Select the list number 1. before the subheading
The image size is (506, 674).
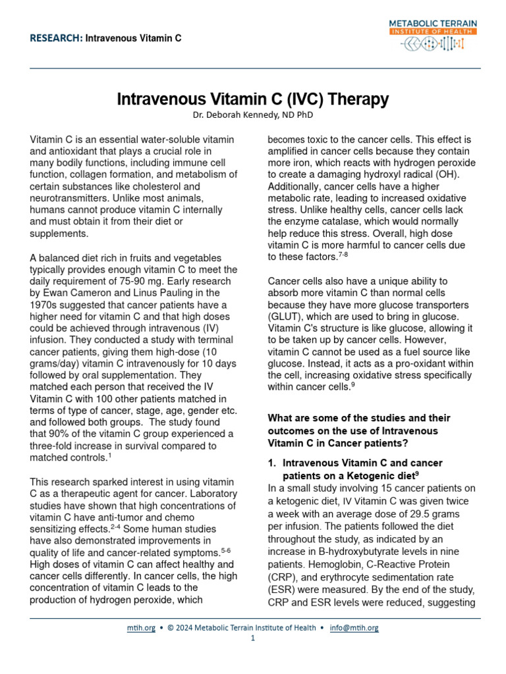tap(274, 463)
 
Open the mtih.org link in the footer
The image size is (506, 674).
tap(141, 627)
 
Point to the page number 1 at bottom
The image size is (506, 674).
tap(253, 638)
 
